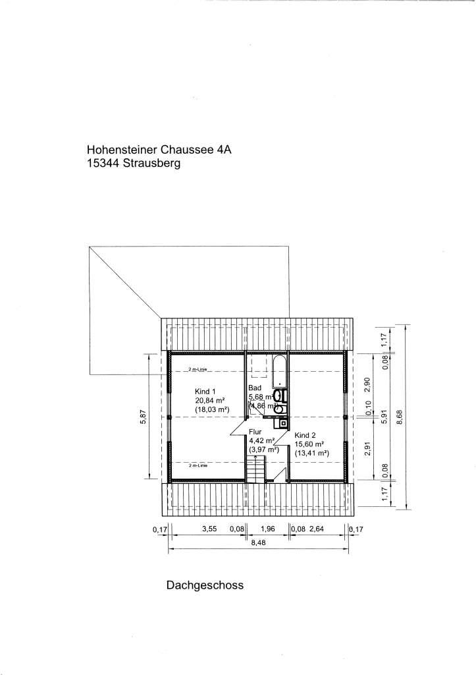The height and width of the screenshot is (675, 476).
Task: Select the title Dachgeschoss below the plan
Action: tap(205, 584)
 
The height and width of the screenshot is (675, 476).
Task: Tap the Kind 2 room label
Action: tap(305, 435)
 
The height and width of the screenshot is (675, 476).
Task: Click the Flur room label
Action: tap(255, 432)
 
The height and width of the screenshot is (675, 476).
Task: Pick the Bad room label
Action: tap(255, 388)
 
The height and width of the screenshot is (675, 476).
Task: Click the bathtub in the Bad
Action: tap(279, 372)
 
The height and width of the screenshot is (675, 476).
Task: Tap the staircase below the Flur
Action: tap(254, 469)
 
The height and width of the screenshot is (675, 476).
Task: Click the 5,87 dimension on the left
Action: tap(143, 418)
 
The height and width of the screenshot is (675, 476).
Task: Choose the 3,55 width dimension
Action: tap(209, 529)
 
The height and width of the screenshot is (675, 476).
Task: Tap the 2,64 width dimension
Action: tap(318, 529)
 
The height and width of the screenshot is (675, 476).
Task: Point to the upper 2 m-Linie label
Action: tap(198, 370)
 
